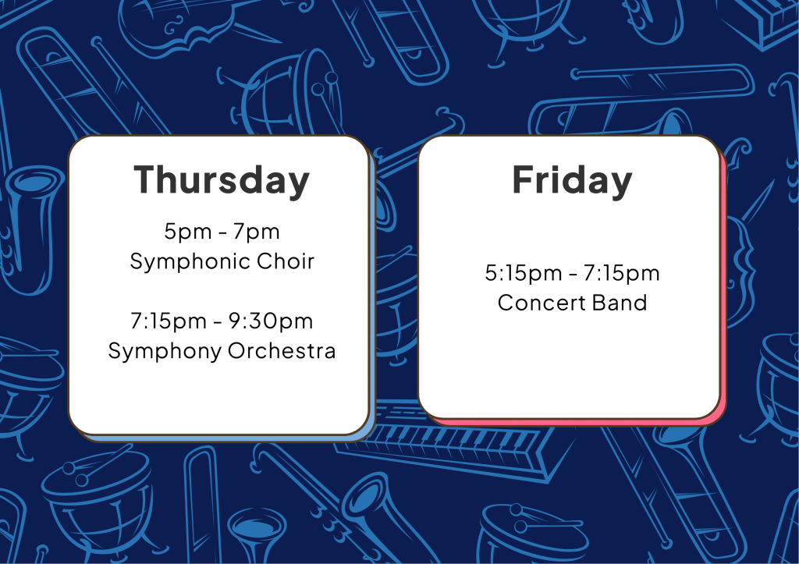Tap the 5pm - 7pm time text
pyautogui.click(x=222, y=232)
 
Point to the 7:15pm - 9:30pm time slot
pyautogui.click(x=222, y=321)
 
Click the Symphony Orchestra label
pyautogui.click(x=222, y=351)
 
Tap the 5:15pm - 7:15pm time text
pyautogui.click(x=572, y=273)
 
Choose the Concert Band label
pyautogui.click(x=572, y=303)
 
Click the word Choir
pyautogui.click(x=286, y=261)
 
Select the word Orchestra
pyautogui.click(x=282, y=350)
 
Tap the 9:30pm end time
pyautogui.click(x=271, y=321)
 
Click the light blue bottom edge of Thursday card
pyautogui.click(x=224, y=438)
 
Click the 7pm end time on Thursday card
pyautogui.click(x=256, y=232)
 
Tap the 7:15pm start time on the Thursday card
pyautogui.click(x=169, y=321)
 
